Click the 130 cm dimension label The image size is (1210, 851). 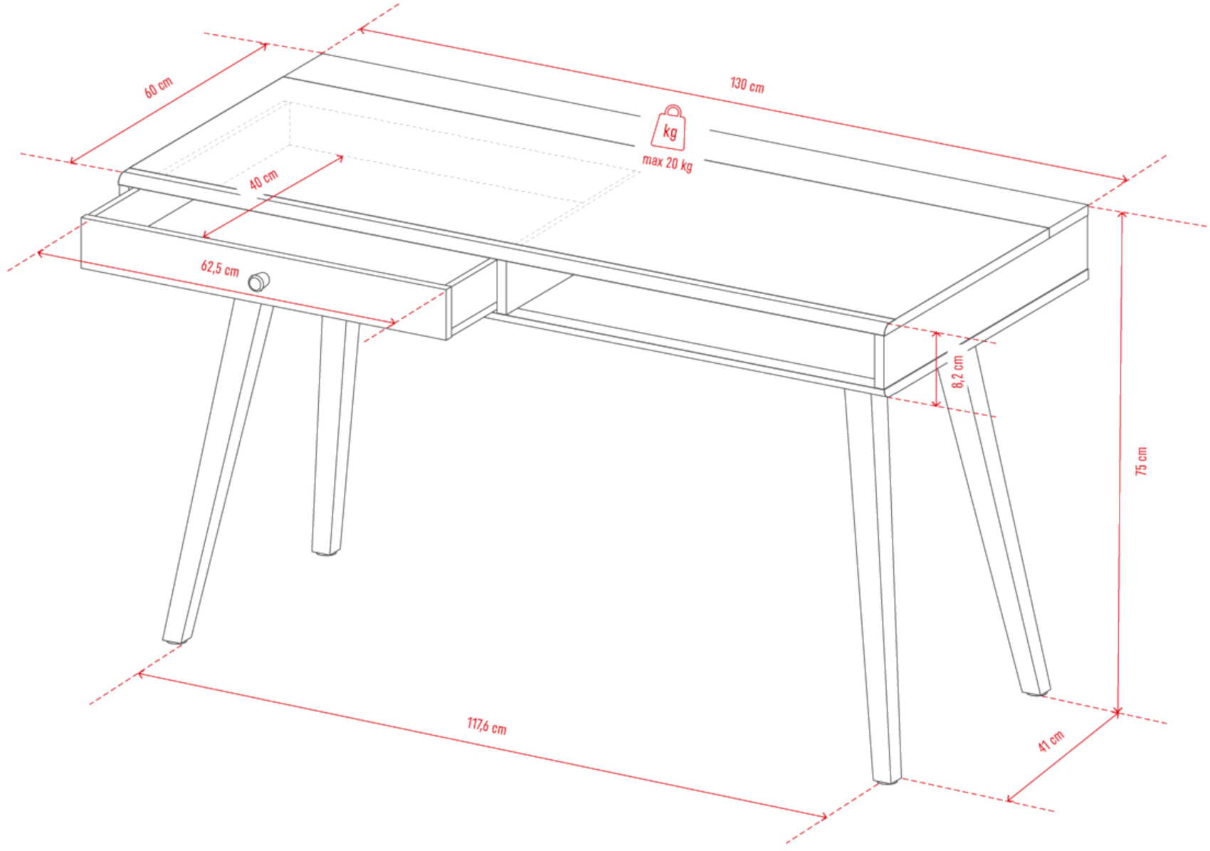pyautogui.click(x=747, y=85)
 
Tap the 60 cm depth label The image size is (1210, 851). pyautogui.click(x=158, y=88)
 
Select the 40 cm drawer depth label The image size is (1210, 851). pyautogui.click(x=263, y=179)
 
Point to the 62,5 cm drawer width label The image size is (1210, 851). pyautogui.click(x=220, y=268)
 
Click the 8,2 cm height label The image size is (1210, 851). pyautogui.click(x=958, y=371)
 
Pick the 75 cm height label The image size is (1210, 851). pyautogui.click(x=1141, y=461)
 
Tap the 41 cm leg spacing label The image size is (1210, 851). pyautogui.click(x=1051, y=741)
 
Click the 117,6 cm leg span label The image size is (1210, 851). pyautogui.click(x=487, y=726)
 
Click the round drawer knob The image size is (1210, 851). pyautogui.click(x=259, y=282)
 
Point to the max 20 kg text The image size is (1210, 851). pyautogui.click(x=667, y=162)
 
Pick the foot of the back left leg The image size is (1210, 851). pyautogui.click(x=326, y=551)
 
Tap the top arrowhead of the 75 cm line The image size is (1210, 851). pyautogui.click(x=1122, y=216)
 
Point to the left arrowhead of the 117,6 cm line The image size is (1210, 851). pyautogui.click(x=142, y=674)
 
